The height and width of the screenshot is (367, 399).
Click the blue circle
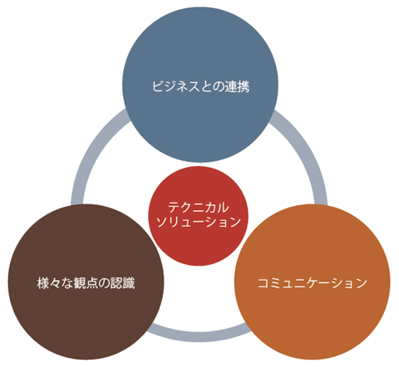[x=200, y=85]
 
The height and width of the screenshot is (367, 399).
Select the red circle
[x=198, y=216]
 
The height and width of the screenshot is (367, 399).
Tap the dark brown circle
[x=86, y=281]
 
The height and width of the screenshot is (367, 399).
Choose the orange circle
[x=313, y=281]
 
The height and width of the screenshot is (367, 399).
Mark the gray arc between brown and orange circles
[x=199, y=335]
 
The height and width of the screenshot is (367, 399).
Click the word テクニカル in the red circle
[x=199, y=208]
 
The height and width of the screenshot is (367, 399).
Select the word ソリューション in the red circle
[x=199, y=222]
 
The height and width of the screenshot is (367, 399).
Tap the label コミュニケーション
[x=313, y=283]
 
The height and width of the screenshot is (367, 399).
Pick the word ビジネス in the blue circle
[x=175, y=86]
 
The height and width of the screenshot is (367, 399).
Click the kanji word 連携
[x=237, y=86]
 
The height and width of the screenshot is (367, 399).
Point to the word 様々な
[x=55, y=283]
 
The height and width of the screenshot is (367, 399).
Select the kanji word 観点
[x=86, y=283]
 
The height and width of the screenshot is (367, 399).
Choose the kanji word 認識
[x=123, y=283]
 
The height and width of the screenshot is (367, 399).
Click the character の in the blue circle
[x=219, y=86]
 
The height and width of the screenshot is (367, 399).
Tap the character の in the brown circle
[x=104, y=283]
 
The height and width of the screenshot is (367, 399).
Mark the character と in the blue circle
[x=206, y=86]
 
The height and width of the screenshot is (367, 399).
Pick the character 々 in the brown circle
[x=55, y=283]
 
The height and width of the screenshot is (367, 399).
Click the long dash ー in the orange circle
[x=324, y=283]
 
